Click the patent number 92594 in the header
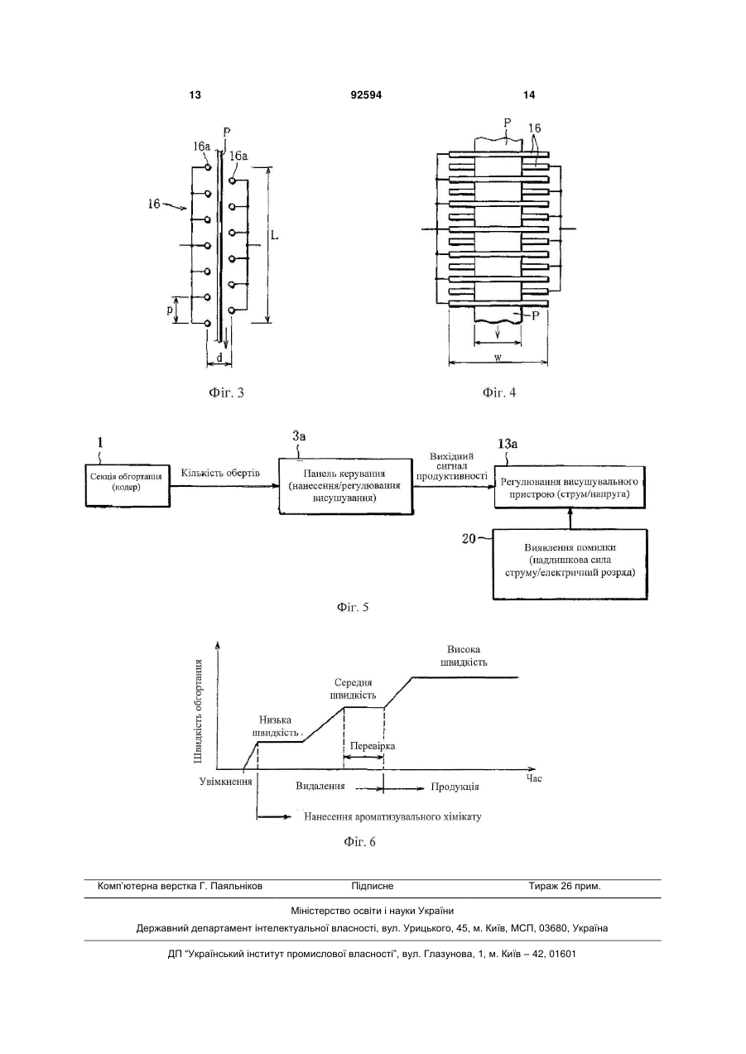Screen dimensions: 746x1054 (x=366, y=95)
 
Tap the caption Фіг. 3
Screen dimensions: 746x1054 (x=226, y=392)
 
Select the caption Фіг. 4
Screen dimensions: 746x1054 (x=499, y=392)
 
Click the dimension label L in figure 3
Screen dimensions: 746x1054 (x=274, y=234)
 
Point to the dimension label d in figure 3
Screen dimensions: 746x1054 (x=219, y=358)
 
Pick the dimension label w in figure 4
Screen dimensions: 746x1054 (x=498, y=357)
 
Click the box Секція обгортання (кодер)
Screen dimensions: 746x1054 (x=128, y=485)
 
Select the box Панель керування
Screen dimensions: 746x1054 (x=346, y=486)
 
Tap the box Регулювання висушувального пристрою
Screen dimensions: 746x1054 (x=570, y=487)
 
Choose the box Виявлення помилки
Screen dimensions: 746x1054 (x=570, y=564)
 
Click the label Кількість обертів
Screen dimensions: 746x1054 (x=220, y=473)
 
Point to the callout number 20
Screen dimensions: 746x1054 (x=469, y=539)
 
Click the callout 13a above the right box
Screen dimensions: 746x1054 (x=508, y=443)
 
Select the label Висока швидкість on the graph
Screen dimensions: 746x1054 (x=464, y=656)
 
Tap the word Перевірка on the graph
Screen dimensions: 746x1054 (x=373, y=746)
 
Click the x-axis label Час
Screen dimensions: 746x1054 (x=534, y=778)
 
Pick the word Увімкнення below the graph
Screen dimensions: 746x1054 (x=225, y=782)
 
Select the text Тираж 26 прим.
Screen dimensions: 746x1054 (x=565, y=886)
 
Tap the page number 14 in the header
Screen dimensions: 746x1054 (x=529, y=95)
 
